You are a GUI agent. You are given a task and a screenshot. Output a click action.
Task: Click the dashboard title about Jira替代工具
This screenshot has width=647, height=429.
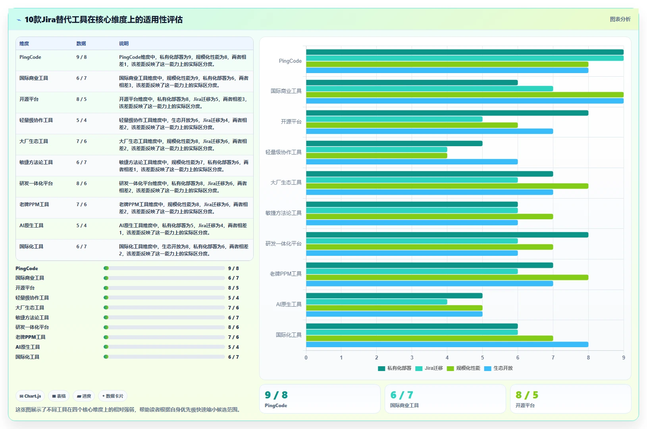(104, 19)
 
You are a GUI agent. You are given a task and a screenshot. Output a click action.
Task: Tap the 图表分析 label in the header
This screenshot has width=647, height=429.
(620, 19)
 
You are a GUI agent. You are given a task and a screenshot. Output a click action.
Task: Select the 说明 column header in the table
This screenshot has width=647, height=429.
(123, 44)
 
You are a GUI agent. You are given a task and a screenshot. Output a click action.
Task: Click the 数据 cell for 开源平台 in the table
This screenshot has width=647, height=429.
(81, 99)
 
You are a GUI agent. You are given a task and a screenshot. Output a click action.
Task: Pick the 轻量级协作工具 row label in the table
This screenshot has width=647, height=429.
(36, 120)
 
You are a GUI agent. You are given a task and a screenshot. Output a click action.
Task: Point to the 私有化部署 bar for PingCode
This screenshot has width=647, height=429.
(465, 52)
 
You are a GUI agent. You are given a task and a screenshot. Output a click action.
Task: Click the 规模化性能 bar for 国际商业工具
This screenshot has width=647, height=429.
(465, 95)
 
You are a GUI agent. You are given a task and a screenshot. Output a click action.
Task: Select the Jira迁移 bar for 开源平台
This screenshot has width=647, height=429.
(394, 119)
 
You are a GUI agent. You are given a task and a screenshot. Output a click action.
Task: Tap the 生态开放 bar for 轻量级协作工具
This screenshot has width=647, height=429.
(412, 162)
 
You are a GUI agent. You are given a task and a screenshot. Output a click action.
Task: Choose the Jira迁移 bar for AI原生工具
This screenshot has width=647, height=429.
(377, 302)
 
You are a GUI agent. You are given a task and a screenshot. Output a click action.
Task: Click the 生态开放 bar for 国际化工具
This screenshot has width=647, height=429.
(447, 344)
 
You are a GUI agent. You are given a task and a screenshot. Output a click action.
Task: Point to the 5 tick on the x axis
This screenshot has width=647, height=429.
(482, 357)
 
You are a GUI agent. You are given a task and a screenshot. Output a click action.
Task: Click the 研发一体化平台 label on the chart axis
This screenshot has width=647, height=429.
(283, 244)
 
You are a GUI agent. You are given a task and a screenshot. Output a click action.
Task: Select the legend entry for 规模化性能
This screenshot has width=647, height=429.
(464, 368)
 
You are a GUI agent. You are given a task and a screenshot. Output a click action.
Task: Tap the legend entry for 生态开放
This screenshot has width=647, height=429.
(499, 368)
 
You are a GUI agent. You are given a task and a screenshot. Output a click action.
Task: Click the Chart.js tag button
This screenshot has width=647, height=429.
(30, 396)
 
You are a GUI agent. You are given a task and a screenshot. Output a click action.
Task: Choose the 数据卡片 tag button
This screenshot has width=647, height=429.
(113, 396)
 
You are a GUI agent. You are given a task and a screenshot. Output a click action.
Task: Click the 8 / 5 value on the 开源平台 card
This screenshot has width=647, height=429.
(527, 395)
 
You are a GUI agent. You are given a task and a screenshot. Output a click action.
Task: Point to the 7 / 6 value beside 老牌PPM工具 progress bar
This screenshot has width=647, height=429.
(233, 337)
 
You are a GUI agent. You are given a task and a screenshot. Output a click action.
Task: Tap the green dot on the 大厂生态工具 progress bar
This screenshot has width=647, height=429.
(106, 307)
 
